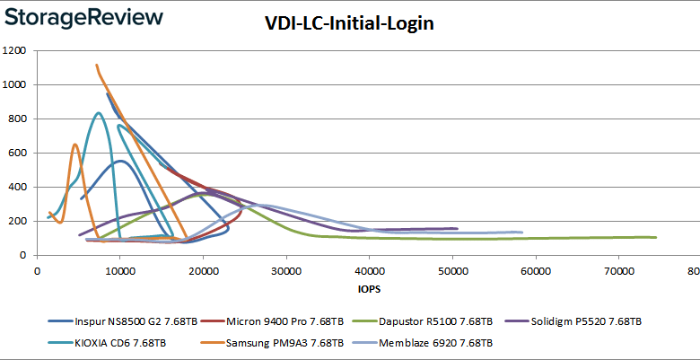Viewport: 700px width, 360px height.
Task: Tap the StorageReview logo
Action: tap(83, 18)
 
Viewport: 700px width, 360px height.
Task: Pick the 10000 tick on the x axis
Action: tap(119, 272)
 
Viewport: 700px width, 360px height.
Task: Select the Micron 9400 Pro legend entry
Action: tap(273, 320)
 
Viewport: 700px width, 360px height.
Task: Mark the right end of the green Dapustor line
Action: tap(656, 237)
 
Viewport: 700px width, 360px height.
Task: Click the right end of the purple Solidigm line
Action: tap(457, 228)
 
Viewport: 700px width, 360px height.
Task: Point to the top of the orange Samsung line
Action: tap(97, 65)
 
